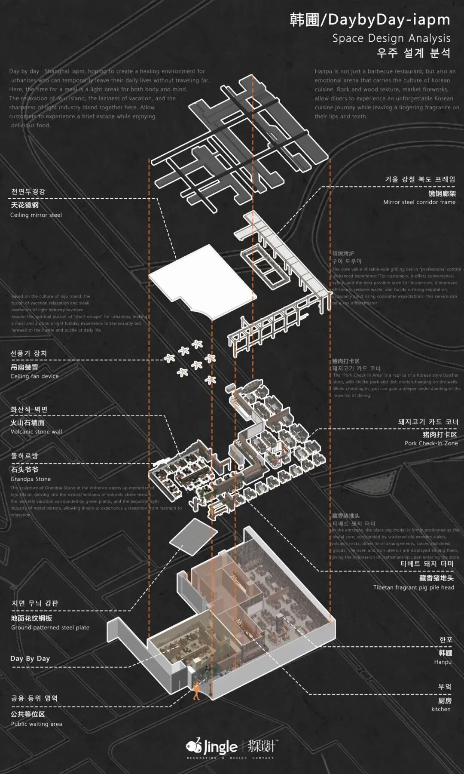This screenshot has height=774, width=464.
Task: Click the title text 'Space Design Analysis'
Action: click(x=391, y=38)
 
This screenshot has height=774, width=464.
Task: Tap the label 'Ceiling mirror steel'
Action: click(x=36, y=215)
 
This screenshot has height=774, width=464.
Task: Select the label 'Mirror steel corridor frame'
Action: click(x=419, y=202)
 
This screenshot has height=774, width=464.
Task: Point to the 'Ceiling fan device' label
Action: click(x=34, y=376)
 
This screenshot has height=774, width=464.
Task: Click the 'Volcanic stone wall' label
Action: click(x=37, y=432)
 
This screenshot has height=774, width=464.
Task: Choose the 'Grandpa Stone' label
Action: click(x=31, y=479)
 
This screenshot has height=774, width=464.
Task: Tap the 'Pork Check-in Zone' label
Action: click(x=431, y=443)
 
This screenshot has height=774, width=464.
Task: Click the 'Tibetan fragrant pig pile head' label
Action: click(x=413, y=587)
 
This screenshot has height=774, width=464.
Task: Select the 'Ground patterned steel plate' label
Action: click(x=50, y=628)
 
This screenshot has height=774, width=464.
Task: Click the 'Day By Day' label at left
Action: click(x=30, y=659)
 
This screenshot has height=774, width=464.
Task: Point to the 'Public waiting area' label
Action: click(x=37, y=724)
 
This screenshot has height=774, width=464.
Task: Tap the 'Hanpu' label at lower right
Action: click(x=443, y=662)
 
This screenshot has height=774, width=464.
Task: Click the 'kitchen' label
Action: click(x=441, y=709)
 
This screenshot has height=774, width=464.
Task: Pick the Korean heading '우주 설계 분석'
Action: click(x=413, y=53)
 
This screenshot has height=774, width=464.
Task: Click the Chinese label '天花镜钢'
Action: click(x=24, y=205)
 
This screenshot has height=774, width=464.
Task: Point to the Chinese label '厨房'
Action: click(x=445, y=701)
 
